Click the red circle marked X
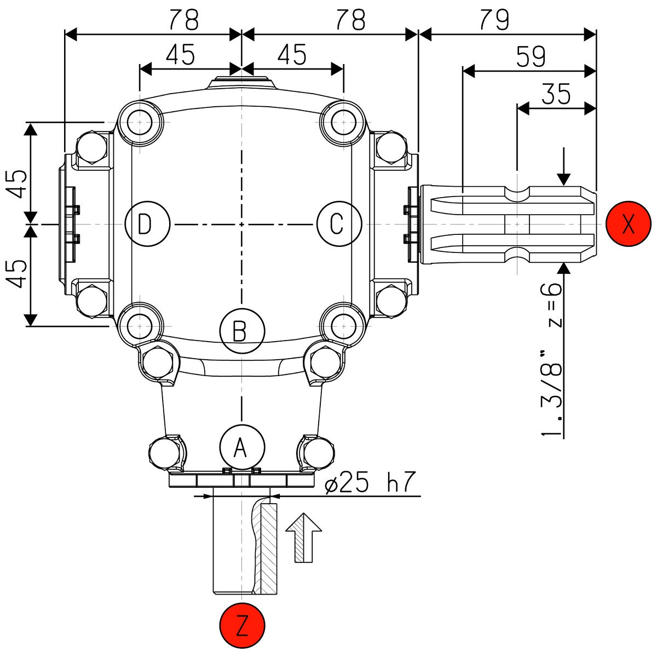[629, 224]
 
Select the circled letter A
[241, 447]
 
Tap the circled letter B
[241, 331]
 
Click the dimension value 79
[494, 20]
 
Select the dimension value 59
[530, 56]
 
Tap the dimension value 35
[556, 95]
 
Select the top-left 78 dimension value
[183, 20]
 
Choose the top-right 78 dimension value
[350, 20]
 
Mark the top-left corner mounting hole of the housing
[140, 122]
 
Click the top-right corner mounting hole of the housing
[343, 122]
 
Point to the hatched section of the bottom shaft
[268, 547]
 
